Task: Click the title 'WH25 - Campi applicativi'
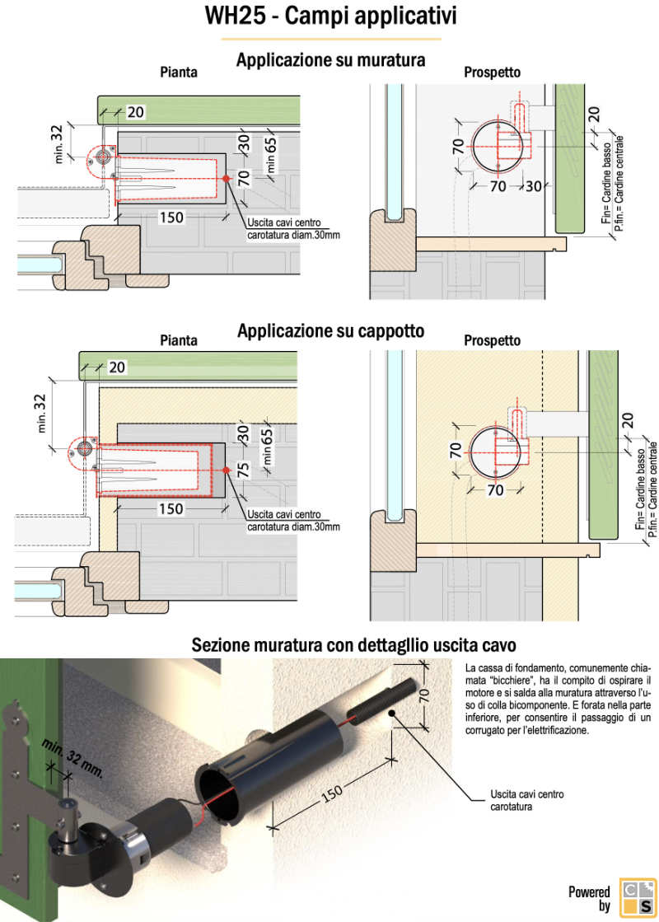[329, 17]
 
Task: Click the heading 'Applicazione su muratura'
[330, 60]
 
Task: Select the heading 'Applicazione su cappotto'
[330, 331]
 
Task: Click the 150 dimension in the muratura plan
[172, 218]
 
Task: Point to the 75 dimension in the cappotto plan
[243, 470]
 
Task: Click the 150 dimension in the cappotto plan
[171, 509]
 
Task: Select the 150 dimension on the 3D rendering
[331, 793]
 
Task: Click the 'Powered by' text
[590, 899]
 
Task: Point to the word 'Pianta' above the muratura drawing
[179, 73]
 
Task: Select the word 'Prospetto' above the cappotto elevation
[492, 340]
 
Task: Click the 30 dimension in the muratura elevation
[533, 187]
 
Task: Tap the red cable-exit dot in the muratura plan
[227, 178]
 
